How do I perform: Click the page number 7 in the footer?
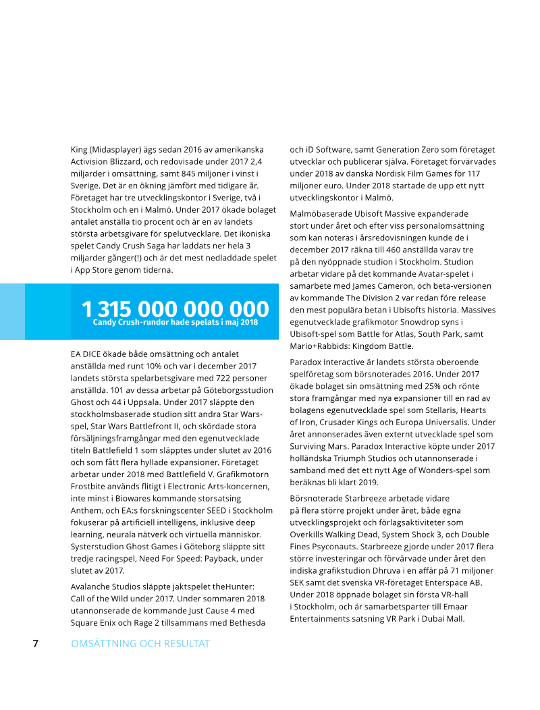click(35, 643)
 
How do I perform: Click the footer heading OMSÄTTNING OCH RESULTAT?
click(140, 644)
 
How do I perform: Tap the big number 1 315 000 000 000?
click(175, 309)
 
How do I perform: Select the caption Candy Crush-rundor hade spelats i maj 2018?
click(175, 323)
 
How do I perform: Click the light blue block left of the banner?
click(12, 311)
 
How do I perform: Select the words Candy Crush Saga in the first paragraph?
click(132, 246)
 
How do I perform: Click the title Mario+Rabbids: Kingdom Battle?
click(347, 346)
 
